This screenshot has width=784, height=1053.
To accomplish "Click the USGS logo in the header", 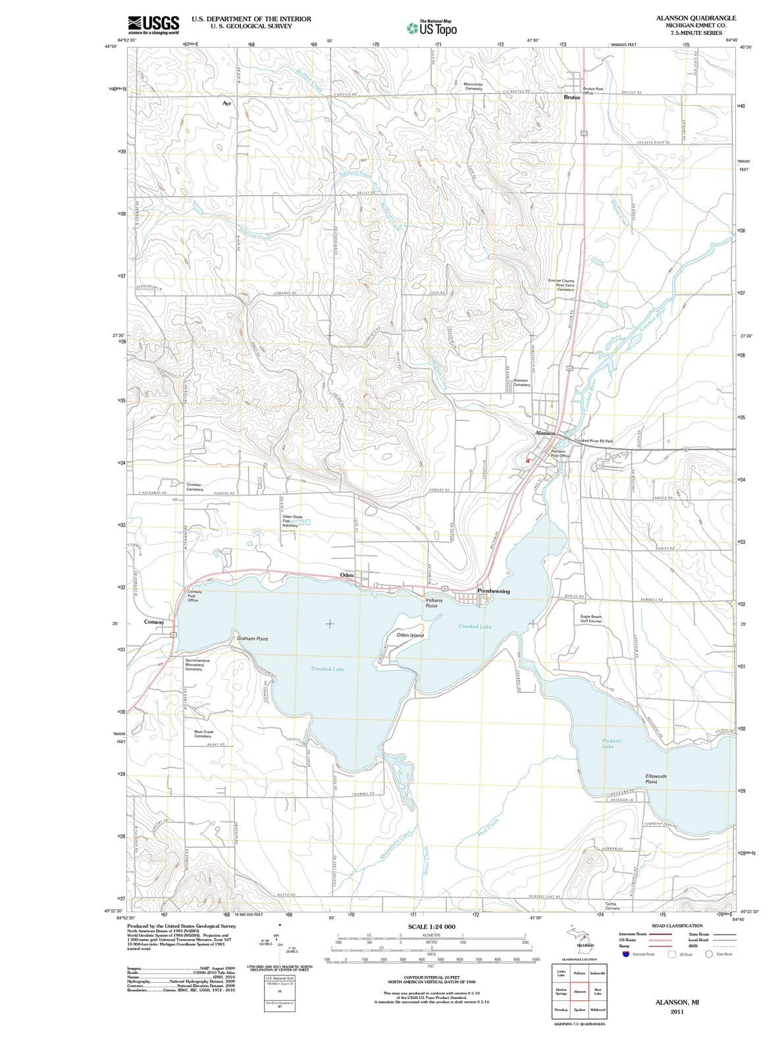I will [x=153, y=24].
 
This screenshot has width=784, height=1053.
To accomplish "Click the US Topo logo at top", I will [x=432, y=28].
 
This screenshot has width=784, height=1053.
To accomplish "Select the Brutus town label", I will [x=572, y=97].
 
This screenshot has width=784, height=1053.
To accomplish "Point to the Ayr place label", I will [x=227, y=104].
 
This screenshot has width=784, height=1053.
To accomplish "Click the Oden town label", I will [x=347, y=575].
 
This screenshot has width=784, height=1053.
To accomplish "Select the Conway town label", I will [x=154, y=621].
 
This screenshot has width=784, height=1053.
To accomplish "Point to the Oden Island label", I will [x=410, y=635].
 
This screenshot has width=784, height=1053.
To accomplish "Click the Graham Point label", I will [x=252, y=639].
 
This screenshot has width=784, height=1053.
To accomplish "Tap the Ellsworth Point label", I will [x=656, y=779].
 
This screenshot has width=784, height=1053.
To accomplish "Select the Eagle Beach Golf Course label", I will [x=590, y=619].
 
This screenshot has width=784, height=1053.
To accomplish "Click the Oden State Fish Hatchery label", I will [x=292, y=521].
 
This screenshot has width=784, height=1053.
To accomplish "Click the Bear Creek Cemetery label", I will [x=203, y=734].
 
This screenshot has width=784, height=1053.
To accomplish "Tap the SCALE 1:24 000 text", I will [x=432, y=926].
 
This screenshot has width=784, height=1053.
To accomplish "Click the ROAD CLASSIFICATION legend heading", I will [x=677, y=925].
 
